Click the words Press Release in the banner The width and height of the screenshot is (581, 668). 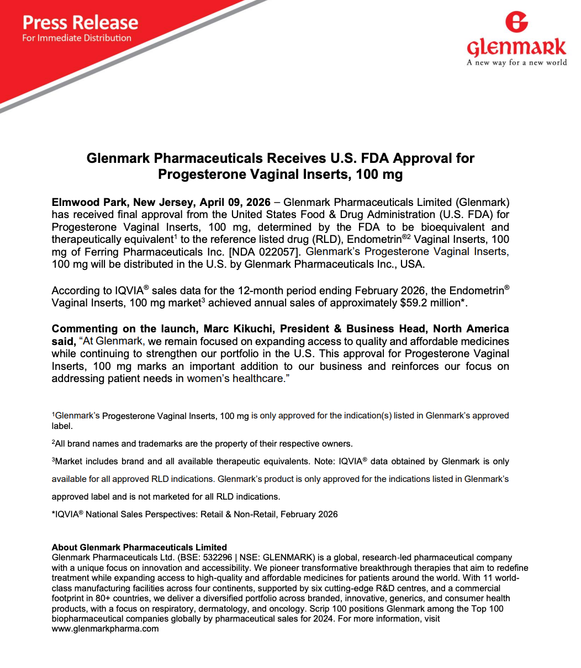80,23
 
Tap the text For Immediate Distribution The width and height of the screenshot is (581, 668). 77,38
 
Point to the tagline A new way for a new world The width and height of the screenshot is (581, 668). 516,62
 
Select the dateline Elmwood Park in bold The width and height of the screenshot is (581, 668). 82,202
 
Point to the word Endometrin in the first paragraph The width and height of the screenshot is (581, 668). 376,240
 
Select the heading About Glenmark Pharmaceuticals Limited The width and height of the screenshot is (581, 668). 139,548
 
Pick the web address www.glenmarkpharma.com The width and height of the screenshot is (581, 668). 105,629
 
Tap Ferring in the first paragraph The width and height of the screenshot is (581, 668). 100,252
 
